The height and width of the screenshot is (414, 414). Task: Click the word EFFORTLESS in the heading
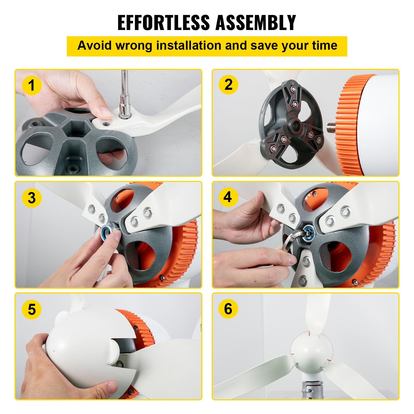click(164, 23)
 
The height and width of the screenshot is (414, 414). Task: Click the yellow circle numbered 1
click(32, 86)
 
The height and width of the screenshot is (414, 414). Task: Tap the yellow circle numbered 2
click(228, 85)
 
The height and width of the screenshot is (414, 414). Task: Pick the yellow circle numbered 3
click(32, 198)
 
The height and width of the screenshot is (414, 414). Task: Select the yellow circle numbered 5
click(32, 309)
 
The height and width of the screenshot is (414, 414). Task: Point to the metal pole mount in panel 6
click(312, 388)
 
